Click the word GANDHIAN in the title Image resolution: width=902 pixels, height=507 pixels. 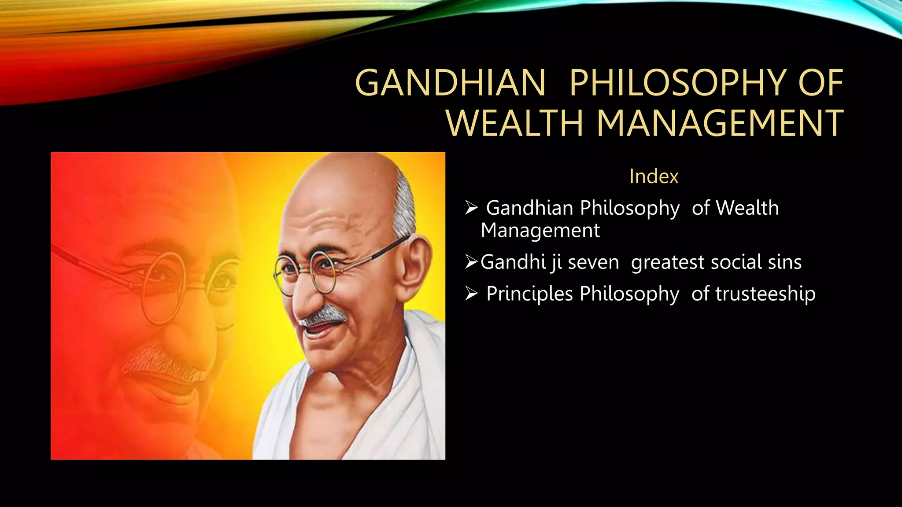pyautogui.click(x=450, y=83)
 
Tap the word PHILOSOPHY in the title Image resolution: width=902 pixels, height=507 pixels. pyautogui.click(x=676, y=83)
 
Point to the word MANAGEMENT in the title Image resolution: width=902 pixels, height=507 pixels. pyautogui.click(x=720, y=123)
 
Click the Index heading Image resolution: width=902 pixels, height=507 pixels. pyautogui.click(x=654, y=176)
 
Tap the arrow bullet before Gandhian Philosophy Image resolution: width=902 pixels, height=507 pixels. pyautogui.click(x=471, y=208)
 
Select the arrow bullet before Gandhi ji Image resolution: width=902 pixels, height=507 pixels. pyautogui.click(x=471, y=262)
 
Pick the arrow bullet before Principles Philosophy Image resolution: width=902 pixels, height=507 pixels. pyautogui.click(x=471, y=294)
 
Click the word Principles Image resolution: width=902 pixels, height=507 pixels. pyautogui.click(x=529, y=294)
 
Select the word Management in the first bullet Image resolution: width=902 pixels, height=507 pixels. pyautogui.click(x=540, y=231)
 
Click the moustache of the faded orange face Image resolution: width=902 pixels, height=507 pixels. pyautogui.click(x=159, y=361)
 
